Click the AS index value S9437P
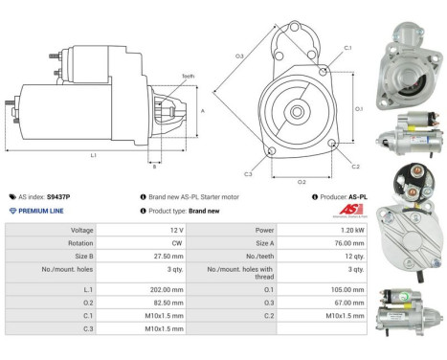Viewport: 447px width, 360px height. [58, 196]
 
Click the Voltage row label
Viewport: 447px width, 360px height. [81, 231]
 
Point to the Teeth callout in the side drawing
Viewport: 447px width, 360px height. [188, 76]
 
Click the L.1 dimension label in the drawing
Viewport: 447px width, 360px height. [92, 155]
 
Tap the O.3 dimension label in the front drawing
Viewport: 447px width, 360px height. [239, 56]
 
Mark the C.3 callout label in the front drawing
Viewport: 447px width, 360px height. [248, 174]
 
